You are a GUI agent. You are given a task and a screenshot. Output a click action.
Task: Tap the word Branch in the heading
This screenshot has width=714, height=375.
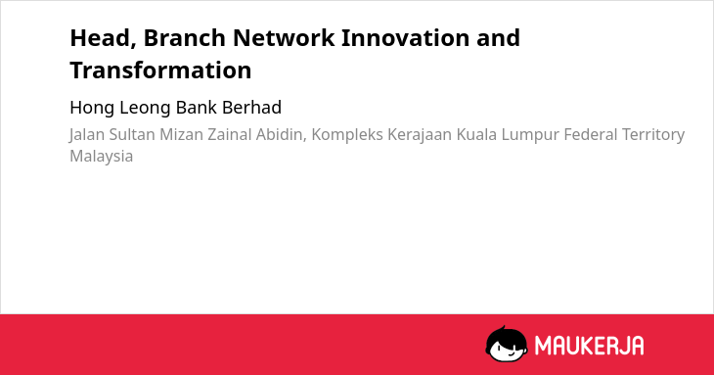coord(185,37)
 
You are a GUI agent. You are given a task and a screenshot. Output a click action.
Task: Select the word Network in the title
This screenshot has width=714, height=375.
coord(284,37)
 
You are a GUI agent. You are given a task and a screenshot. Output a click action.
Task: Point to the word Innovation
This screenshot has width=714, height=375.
coord(405,37)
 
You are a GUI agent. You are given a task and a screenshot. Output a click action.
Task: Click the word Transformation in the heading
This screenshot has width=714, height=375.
coord(160,70)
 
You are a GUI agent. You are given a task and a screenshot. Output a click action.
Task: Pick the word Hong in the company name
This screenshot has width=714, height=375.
coord(93,109)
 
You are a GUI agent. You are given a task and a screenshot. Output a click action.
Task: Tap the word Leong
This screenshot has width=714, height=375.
coord(146,109)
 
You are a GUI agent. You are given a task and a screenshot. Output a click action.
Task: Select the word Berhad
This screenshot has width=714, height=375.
coord(251,108)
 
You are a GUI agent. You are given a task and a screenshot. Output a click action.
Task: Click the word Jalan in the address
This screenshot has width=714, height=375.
coord(86,135)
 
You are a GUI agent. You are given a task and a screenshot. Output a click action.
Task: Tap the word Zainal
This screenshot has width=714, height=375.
coord(230,134)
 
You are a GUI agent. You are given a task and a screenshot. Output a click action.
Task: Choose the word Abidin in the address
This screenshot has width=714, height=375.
coord(281,135)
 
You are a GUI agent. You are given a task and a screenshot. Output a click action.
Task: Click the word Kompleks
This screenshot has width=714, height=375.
coord(347,135)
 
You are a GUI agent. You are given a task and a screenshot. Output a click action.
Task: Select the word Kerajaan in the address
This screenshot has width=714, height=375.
coord(420,135)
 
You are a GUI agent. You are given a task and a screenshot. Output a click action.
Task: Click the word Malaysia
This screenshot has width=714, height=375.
coord(102,157)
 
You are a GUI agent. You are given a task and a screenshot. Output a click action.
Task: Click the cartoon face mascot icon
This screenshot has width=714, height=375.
coord(507,344)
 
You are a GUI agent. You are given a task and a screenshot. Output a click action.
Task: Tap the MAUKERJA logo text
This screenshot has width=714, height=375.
coord(589,345)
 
